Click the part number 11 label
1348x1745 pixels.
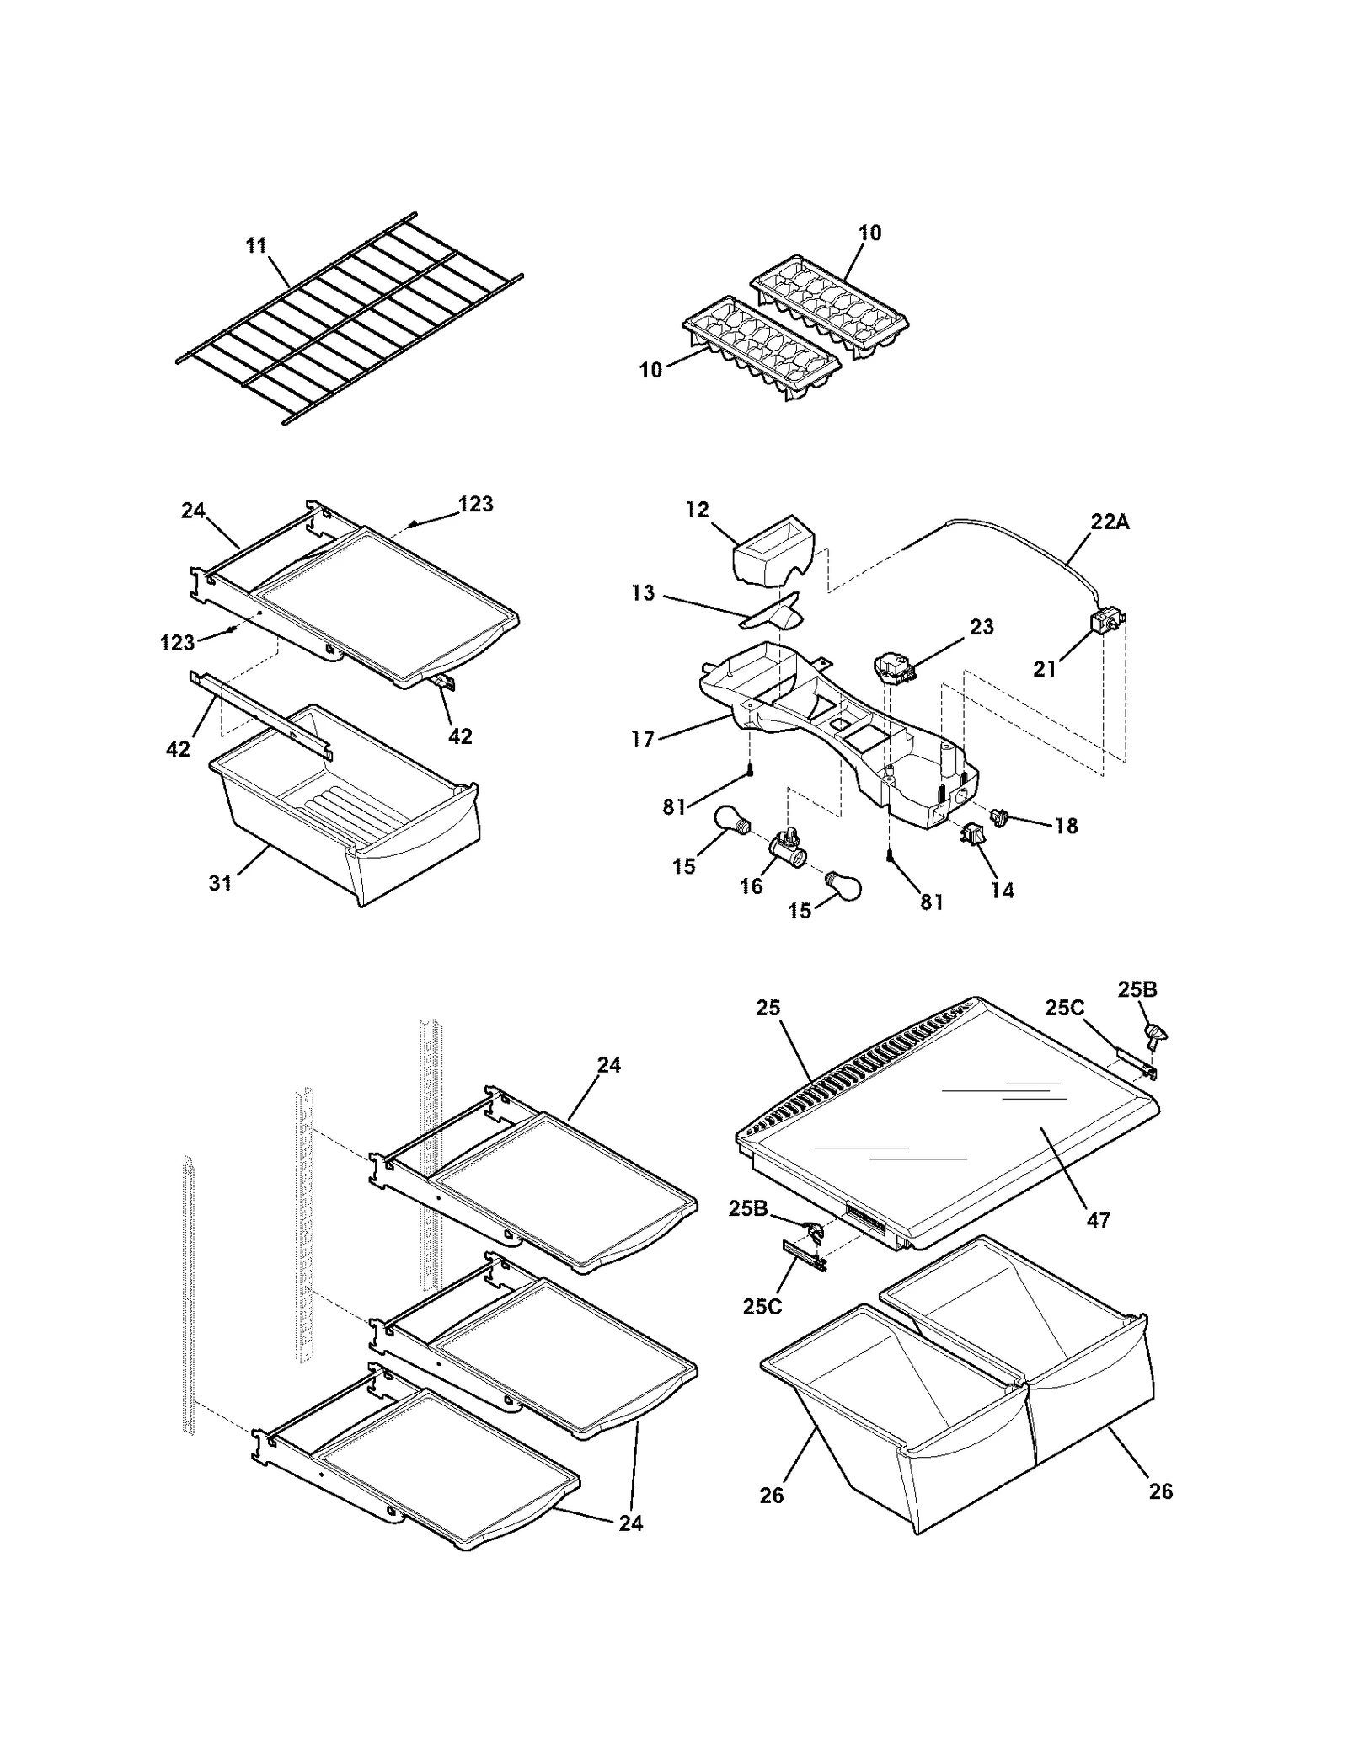[256, 245]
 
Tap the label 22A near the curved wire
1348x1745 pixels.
[1110, 522]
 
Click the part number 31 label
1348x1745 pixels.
[220, 883]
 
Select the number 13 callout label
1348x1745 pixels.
[643, 593]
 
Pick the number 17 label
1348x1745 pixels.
[643, 739]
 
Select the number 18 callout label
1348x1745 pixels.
[1066, 826]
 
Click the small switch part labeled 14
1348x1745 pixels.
[971, 837]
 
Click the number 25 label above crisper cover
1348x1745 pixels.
[768, 1008]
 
